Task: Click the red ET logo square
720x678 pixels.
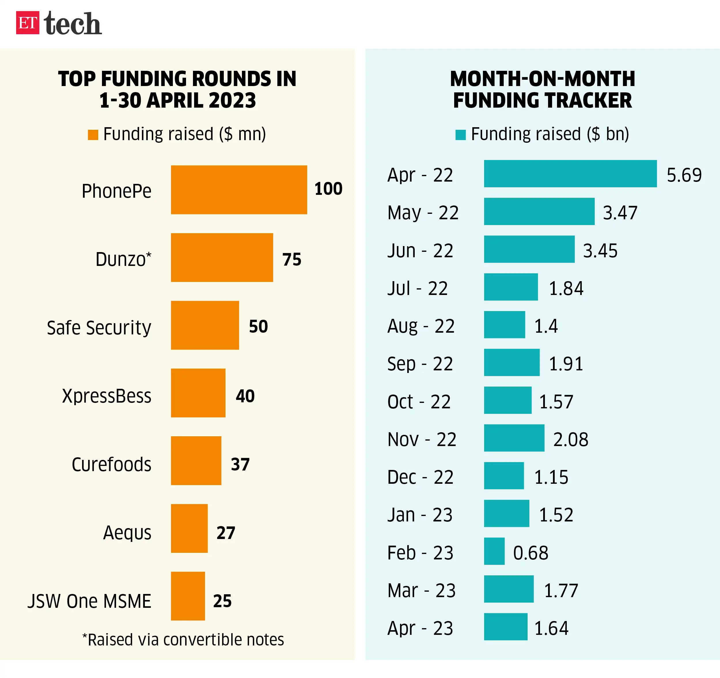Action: pyautogui.click(x=28, y=23)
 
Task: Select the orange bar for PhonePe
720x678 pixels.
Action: pyautogui.click(x=239, y=190)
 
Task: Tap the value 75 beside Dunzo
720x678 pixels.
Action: pyautogui.click(x=291, y=260)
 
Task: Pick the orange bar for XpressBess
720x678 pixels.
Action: pyautogui.click(x=198, y=393)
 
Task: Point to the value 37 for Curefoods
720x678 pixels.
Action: pyautogui.click(x=240, y=464)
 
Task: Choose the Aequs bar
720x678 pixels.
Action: pyautogui.click(x=189, y=528)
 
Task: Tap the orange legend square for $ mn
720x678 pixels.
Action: pyautogui.click(x=93, y=135)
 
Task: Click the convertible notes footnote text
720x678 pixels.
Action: pyautogui.click(x=183, y=640)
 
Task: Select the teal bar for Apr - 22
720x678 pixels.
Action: pyautogui.click(x=570, y=174)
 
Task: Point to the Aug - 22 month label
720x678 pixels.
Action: pyautogui.click(x=421, y=326)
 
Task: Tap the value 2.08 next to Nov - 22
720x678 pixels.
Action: pyautogui.click(x=571, y=439)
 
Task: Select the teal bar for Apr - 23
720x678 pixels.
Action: pyautogui.click(x=506, y=626)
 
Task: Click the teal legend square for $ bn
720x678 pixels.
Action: pyautogui.click(x=460, y=135)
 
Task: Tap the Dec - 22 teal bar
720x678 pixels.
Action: pyautogui.click(x=504, y=476)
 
